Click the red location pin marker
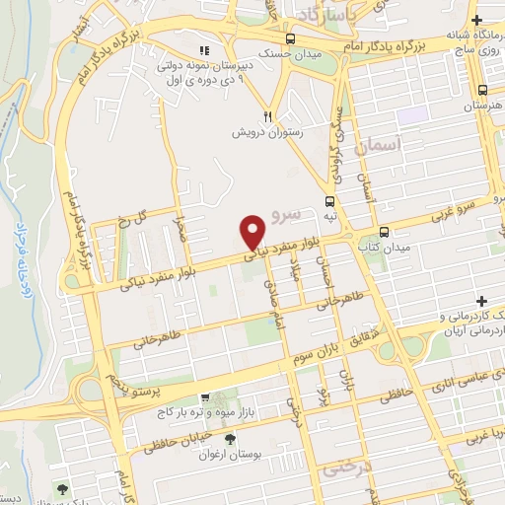252,231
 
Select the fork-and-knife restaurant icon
265,115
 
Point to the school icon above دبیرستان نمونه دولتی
204,51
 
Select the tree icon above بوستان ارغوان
231,440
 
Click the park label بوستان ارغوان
228,455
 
